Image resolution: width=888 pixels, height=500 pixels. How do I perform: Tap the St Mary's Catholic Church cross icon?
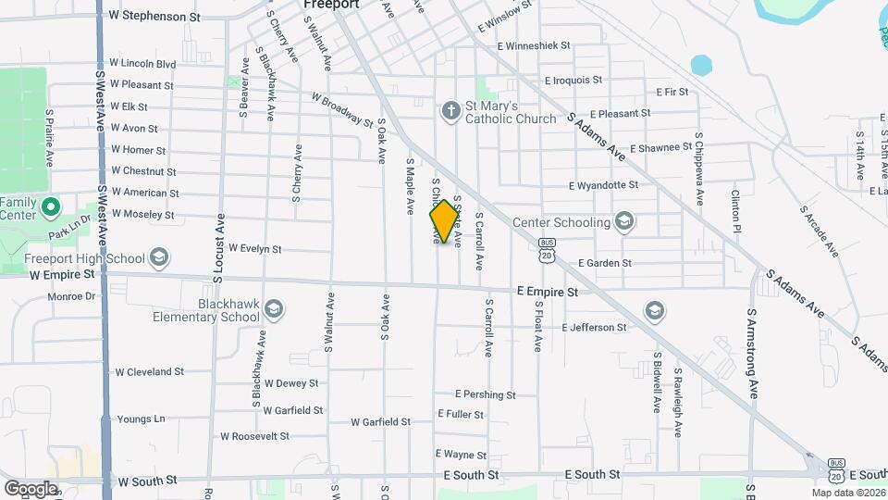tap(451, 112)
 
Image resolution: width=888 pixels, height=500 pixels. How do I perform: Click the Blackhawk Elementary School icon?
tap(274, 308)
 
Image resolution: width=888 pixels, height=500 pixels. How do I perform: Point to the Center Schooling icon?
tap(624, 221)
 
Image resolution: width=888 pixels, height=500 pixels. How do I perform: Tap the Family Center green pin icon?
tap(52, 205)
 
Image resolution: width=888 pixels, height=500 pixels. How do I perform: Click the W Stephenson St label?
tap(154, 16)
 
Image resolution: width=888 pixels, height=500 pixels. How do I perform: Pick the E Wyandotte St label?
tap(603, 185)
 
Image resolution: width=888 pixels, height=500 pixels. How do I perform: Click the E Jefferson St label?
tap(594, 328)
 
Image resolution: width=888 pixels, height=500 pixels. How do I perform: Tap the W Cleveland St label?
tap(149, 371)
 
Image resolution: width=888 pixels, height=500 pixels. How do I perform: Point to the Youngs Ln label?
tap(141, 419)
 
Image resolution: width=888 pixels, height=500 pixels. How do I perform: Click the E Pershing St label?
tap(485, 394)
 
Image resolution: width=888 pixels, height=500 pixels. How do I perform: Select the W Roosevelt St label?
tap(254, 436)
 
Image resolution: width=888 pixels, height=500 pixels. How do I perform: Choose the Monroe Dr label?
tap(71, 296)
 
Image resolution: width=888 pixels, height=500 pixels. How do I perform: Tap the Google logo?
tap(30, 488)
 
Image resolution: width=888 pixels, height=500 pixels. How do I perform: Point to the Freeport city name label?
tap(331, 5)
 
